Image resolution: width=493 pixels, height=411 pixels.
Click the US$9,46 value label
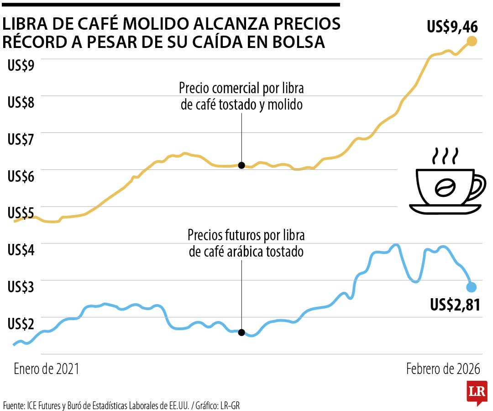pyautogui.click(x=452, y=27)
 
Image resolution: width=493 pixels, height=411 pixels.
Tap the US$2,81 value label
pyautogui.click(x=455, y=304)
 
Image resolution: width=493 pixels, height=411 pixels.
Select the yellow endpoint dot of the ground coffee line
pyautogui.click(x=472, y=42)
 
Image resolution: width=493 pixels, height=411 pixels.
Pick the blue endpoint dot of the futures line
pyautogui.click(x=472, y=287)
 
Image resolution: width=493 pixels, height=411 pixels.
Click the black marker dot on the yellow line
pyautogui.click(x=241, y=165)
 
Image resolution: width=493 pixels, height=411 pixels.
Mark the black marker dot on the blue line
pyautogui.click(x=241, y=332)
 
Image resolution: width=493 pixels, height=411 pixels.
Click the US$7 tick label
pyautogui.click(x=21, y=139)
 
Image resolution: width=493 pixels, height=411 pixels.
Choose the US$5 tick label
pyautogui.click(x=21, y=213)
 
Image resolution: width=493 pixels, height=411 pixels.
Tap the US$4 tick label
pyautogui.click(x=21, y=250)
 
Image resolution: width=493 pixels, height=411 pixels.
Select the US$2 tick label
pyautogui.click(x=21, y=324)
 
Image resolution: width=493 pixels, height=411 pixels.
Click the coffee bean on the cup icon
pyautogui.click(x=445, y=187)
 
